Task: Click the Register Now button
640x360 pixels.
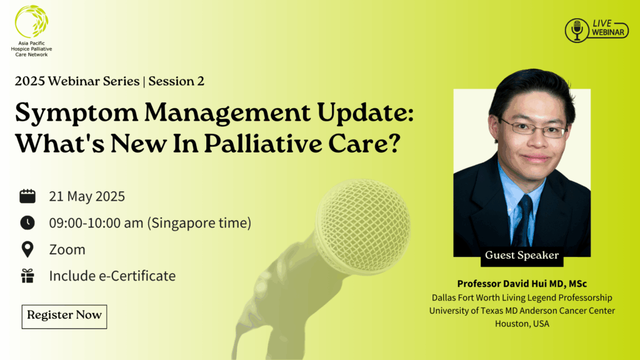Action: (64, 316)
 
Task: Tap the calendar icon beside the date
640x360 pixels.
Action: (27, 196)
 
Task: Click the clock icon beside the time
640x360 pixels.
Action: (27, 223)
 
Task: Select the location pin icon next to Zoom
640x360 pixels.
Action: (27, 249)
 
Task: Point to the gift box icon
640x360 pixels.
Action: (27, 276)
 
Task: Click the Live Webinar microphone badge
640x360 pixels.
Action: (597, 30)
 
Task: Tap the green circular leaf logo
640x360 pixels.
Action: (31, 21)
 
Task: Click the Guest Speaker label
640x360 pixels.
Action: (522, 256)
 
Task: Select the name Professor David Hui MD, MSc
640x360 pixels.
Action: (522, 284)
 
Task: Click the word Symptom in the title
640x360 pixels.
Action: (76, 113)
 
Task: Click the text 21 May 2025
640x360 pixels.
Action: (87, 196)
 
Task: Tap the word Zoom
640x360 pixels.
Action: (67, 249)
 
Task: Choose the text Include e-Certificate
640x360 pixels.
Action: (112, 276)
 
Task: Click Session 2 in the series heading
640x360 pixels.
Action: (176, 81)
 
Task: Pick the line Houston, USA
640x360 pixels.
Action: (522, 324)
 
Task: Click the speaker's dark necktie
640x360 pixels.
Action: (522, 221)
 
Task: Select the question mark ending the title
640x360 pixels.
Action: (392, 143)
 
